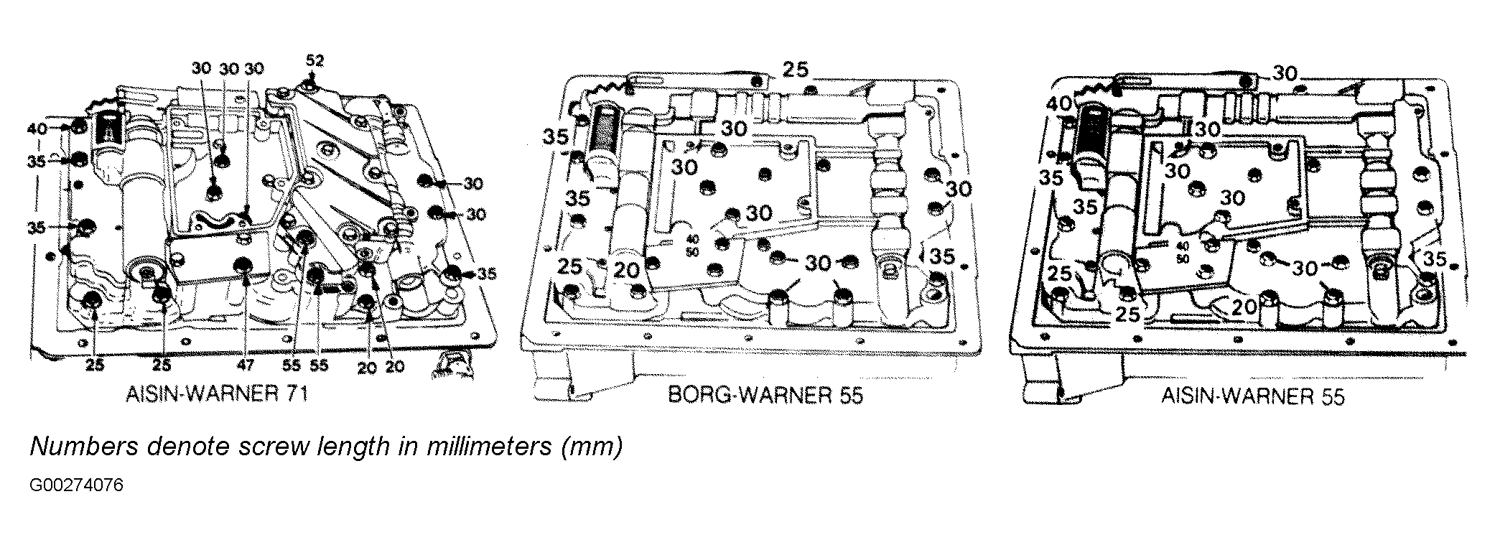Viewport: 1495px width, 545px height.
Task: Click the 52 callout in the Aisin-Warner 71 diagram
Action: click(315, 60)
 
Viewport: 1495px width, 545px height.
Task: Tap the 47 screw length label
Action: click(246, 365)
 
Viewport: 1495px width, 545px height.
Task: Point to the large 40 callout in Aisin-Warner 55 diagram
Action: click(1058, 104)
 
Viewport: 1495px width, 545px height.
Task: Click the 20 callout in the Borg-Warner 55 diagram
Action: click(626, 271)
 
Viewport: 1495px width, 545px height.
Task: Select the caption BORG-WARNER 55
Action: click(765, 395)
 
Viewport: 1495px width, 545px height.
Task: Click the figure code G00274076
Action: click(77, 485)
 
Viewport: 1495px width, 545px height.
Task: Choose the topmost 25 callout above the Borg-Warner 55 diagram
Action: click(795, 70)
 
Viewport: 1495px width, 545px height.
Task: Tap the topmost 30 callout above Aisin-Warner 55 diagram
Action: click(1285, 73)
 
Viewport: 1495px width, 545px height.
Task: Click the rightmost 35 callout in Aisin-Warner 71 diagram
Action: click(487, 273)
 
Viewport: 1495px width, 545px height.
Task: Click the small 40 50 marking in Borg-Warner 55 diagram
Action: click(693, 246)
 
